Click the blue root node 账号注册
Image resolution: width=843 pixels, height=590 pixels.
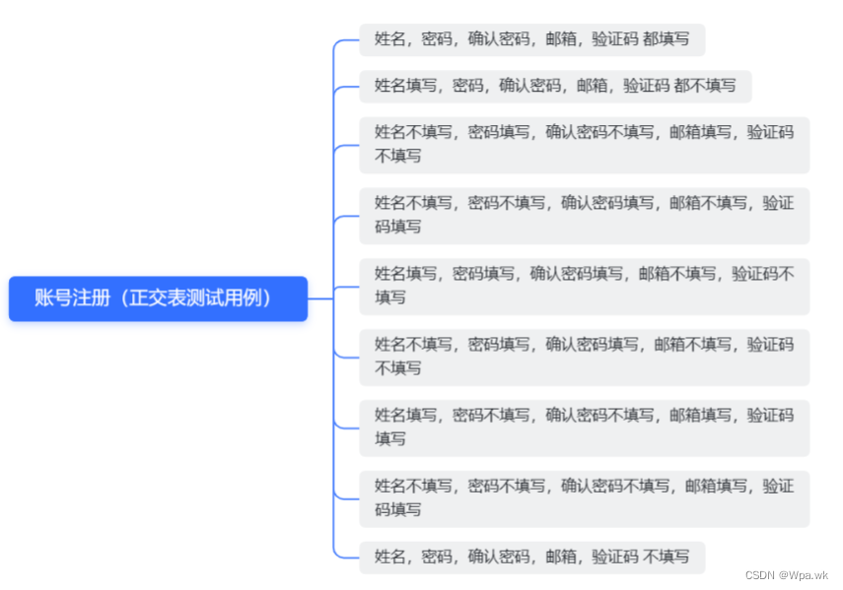point(158,298)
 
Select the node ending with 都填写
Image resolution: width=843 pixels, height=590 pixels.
point(531,40)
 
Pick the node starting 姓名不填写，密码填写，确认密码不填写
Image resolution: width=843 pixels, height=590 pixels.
point(584,145)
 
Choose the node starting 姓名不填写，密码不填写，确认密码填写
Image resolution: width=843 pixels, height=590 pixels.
point(584,215)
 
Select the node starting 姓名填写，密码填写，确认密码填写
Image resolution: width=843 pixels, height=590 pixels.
point(584,286)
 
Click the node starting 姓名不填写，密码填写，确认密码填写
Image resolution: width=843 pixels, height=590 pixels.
point(584,357)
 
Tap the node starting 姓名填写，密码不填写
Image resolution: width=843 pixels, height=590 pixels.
point(584,427)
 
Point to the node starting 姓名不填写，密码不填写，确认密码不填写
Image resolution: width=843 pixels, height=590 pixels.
point(584,497)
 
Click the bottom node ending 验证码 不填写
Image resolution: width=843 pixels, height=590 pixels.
point(531,557)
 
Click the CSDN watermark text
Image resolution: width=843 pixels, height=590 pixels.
point(759,575)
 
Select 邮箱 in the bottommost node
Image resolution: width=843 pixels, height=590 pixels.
point(561,557)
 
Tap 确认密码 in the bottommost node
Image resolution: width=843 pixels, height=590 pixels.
point(499,557)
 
